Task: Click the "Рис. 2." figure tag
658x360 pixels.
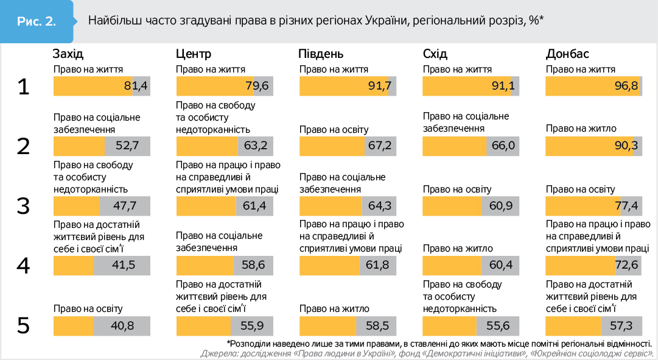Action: coord(37,21)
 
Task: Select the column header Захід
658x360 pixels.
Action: coord(68,54)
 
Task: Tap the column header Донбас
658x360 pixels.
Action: coord(567,54)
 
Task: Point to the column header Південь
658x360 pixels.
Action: coord(321,54)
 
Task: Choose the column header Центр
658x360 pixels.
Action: coord(194,54)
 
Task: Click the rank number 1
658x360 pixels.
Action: coord(23,87)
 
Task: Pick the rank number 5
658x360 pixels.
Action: coord(23,326)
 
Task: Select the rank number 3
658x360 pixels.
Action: coord(23,206)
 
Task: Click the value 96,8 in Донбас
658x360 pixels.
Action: coord(626,86)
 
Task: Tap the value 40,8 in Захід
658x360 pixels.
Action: coord(122,326)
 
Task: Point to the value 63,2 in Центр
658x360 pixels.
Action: coord(255,146)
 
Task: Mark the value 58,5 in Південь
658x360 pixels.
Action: coord(377,326)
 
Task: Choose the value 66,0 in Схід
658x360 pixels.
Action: coord(503,146)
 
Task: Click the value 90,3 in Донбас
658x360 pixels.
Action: coord(626,146)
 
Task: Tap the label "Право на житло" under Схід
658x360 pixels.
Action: coord(458,249)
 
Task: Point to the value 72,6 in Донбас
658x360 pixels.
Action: coord(626,266)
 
